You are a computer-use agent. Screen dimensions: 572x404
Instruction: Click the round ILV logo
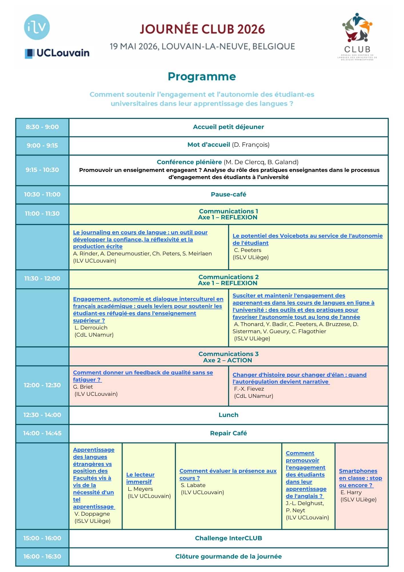(37, 27)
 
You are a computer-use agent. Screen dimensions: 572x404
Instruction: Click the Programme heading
(202, 77)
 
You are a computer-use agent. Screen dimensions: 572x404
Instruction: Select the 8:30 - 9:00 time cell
(42, 127)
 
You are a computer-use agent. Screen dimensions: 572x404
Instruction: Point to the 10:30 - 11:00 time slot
(42, 194)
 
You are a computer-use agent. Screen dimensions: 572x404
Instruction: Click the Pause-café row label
(228, 194)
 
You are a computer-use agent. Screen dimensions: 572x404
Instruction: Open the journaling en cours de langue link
(140, 239)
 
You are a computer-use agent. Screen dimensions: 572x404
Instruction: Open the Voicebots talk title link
(307, 239)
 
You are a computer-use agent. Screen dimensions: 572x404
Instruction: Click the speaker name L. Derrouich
(91, 328)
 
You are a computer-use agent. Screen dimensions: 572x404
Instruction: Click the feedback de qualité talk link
(143, 376)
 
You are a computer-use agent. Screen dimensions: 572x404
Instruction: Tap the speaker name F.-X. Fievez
(249, 389)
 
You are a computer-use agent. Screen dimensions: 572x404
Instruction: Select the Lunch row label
(228, 415)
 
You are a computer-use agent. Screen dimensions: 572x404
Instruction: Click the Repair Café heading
(228, 433)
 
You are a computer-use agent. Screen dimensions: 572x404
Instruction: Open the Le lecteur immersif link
(140, 478)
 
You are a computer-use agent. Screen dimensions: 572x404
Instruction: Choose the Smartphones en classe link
(360, 478)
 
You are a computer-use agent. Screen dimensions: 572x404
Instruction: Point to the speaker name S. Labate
(193, 485)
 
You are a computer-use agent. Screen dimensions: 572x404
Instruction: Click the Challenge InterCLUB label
(228, 538)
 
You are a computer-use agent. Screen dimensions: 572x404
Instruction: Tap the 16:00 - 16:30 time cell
(42, 557)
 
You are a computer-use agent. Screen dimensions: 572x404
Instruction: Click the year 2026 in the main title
(251, 29)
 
